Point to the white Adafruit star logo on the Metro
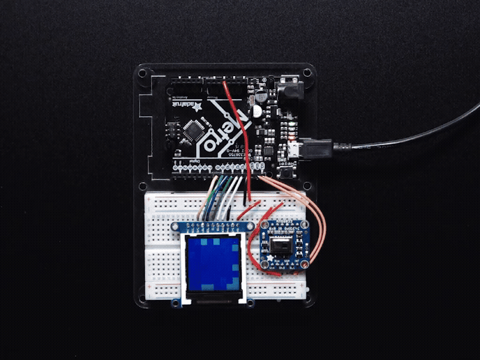[197, 108]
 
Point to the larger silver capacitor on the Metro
[257, 110]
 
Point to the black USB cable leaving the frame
[419, 140]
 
